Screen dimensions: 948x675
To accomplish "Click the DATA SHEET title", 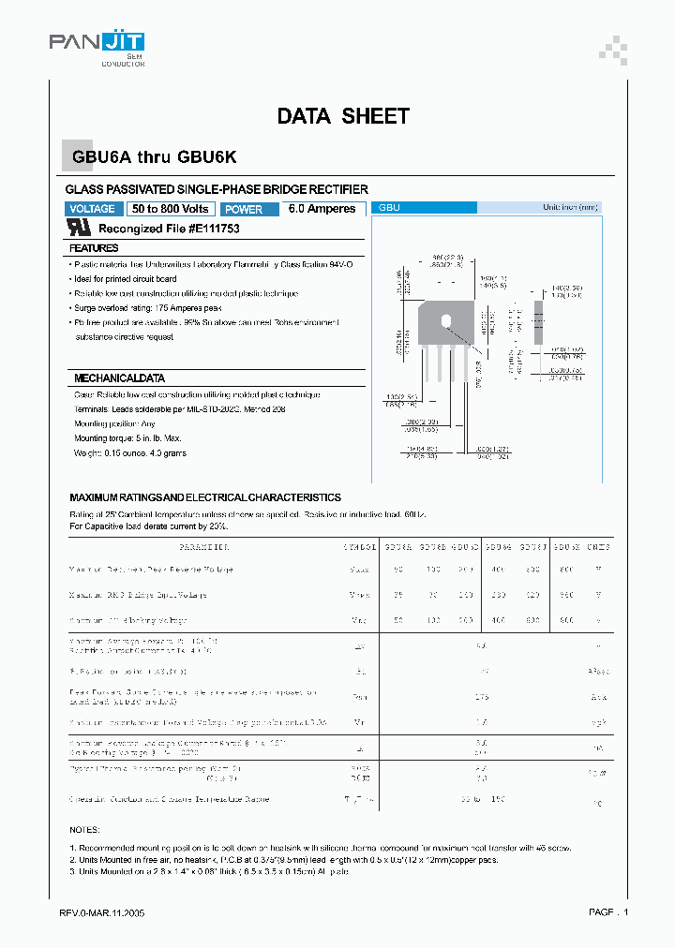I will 343,116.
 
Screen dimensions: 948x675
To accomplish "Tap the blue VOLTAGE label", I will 93,209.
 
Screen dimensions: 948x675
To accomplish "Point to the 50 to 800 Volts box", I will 171,209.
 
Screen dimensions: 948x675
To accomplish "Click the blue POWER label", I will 244,209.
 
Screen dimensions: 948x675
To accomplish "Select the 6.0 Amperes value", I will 322,209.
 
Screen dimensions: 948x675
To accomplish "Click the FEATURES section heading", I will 94,248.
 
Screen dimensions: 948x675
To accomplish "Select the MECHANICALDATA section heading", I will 119,378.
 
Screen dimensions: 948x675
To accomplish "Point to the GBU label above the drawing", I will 389,208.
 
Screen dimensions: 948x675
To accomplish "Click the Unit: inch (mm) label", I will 570,208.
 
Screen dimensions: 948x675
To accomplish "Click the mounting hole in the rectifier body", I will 446,321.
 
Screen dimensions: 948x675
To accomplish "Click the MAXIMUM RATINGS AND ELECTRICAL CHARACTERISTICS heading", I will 205,497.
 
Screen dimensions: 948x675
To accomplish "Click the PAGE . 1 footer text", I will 608,912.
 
